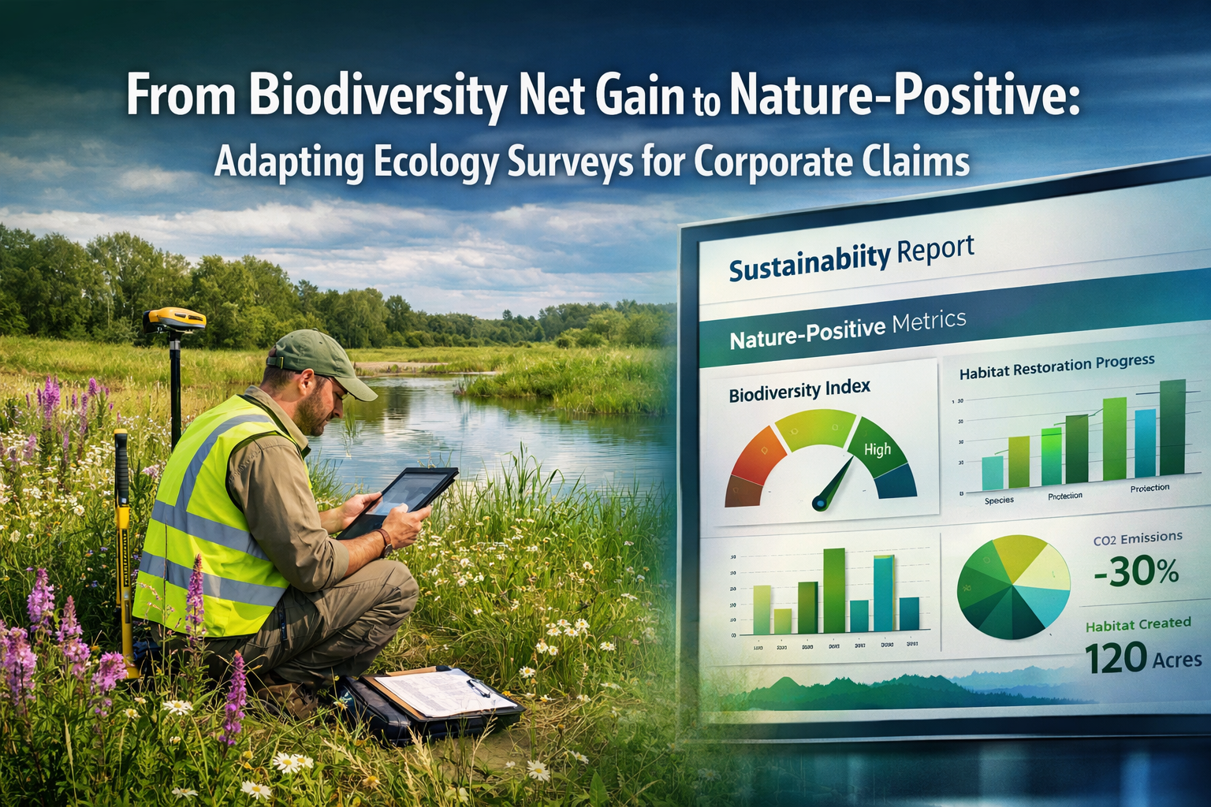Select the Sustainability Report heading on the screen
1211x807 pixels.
tap(851, 259)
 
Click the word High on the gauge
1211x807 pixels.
tap(877, 449)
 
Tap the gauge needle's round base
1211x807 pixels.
tap(820, 501)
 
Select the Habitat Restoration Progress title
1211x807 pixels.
tap(1056, 366)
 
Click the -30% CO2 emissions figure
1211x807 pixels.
tap(1135, 571)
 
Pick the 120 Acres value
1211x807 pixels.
tap(1142, 658)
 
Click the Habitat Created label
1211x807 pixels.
tap(1138, 624)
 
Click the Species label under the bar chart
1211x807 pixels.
tap(999, 500)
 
